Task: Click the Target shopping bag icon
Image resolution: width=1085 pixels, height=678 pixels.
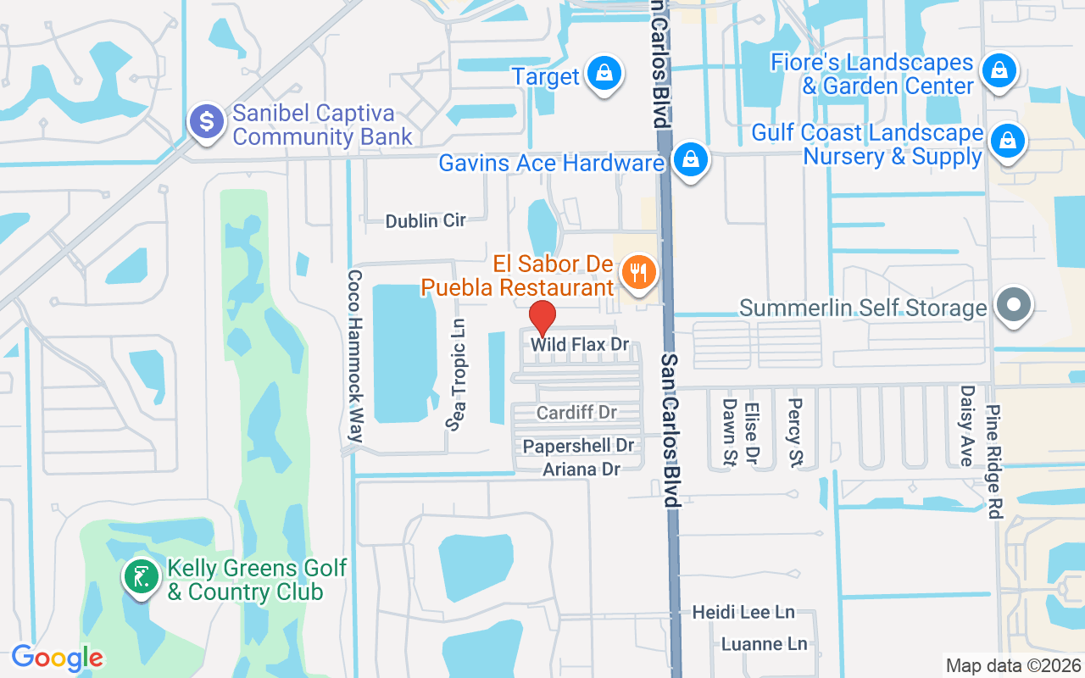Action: point(604,74)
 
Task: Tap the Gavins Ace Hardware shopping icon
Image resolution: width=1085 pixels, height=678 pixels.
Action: point(691,158)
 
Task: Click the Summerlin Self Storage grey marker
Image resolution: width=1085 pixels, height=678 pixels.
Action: point(1013,304)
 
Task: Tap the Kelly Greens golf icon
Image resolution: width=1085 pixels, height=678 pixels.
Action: point(140,577)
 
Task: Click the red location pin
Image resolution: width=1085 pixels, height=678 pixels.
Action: point(542,319)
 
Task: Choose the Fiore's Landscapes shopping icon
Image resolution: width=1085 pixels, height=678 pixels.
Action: point(999,70)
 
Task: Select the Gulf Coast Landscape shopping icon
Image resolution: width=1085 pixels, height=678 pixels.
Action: point(1008,141)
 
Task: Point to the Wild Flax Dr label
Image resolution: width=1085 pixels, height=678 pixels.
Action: point(580,346)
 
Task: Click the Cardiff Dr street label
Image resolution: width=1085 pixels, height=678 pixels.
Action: point(576,413)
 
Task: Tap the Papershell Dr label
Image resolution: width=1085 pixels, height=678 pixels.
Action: point(578,446)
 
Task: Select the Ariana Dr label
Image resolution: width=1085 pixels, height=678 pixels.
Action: point(581,469)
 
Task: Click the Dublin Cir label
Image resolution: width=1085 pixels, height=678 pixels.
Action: point(426,221)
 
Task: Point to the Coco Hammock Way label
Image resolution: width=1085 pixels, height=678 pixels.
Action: point(355,356)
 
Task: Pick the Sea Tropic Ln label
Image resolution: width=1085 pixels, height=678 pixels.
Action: point(458,375)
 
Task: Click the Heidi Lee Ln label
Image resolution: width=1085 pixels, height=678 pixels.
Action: point(743,612)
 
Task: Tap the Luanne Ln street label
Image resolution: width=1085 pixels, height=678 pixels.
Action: point(764,644)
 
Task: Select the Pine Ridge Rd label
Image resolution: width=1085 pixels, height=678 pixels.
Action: point(993,462)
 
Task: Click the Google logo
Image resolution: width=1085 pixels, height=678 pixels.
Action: point(57,658)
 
